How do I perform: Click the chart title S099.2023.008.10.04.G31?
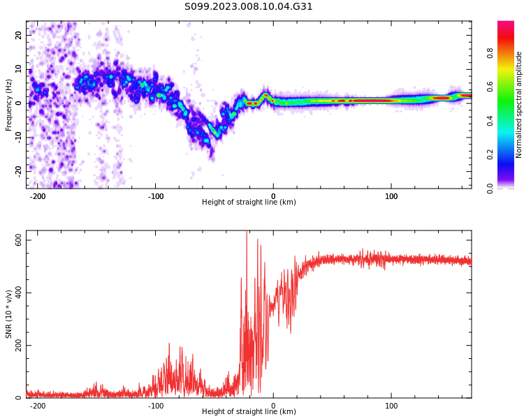point(249,7)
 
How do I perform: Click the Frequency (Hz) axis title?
point(8,105)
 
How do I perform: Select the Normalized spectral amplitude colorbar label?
point(518,105)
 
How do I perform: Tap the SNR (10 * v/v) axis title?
point(8,314)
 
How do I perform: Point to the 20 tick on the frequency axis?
point(18,35)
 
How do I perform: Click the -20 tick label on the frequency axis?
point(18,171)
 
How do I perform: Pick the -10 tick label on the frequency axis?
point(18,138)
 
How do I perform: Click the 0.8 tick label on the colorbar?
point(490,53)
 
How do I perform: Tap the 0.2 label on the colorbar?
point(490,155)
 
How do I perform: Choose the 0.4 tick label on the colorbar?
point(490,121)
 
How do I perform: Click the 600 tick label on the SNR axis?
point(18,240)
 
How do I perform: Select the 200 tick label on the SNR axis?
point(18,345)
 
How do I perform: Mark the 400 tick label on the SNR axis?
point(18,293)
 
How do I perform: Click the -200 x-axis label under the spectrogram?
point(38,196)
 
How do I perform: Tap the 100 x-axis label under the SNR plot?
point(391,406)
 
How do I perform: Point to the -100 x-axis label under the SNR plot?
point(155,406)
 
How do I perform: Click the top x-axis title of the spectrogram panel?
point(249,202)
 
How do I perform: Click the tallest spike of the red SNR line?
point(247,232)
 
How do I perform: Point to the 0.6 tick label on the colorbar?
point(490,87)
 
